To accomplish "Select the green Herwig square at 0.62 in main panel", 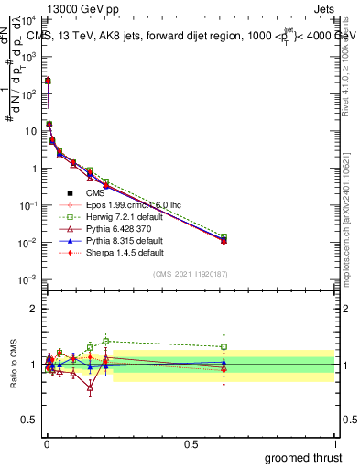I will (224, 237).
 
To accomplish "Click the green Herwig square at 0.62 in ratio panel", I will (224, 346).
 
